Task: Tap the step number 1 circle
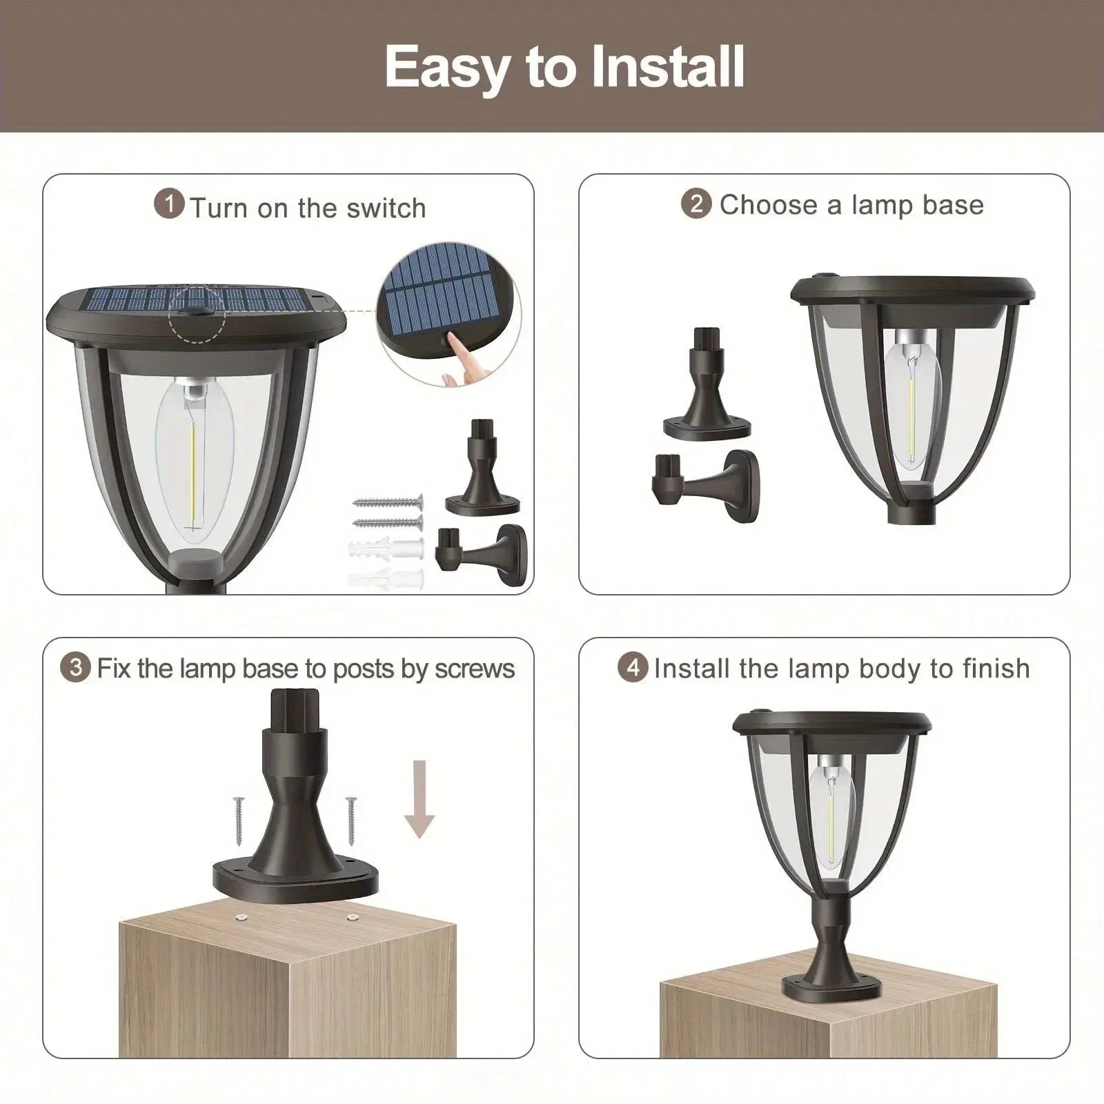[169, 205]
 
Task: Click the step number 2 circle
[696, 204]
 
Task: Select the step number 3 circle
[75, 668]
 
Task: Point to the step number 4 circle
[633, 668]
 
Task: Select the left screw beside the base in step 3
[238, 819]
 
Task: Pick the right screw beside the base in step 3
[352, 821]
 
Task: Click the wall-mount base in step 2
[707, 484]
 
